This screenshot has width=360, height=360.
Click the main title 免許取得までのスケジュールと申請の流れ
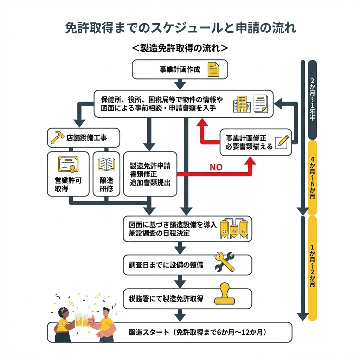click(x=180, y=28)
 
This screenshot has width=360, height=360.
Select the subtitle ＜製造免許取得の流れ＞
click(x=180, y=48)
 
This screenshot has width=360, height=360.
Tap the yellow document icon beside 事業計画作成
click(x=213, y=69)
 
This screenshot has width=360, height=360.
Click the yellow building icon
click(x=242, y=104)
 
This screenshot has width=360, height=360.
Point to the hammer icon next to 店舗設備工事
click(x=57, y=137)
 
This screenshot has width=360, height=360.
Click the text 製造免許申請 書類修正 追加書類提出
click(x=150, y=174)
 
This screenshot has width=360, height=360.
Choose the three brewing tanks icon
click(x=233, y=229)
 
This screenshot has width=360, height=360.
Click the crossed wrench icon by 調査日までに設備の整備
click(x=224, y=262)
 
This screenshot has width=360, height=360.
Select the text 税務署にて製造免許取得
click(x=166, y=299)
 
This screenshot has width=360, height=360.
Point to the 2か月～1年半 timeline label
click(x=312, y=99)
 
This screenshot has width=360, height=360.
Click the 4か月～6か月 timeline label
click(x=312, y=178)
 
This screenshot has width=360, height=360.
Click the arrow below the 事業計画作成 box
click(x=180, y=84)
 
